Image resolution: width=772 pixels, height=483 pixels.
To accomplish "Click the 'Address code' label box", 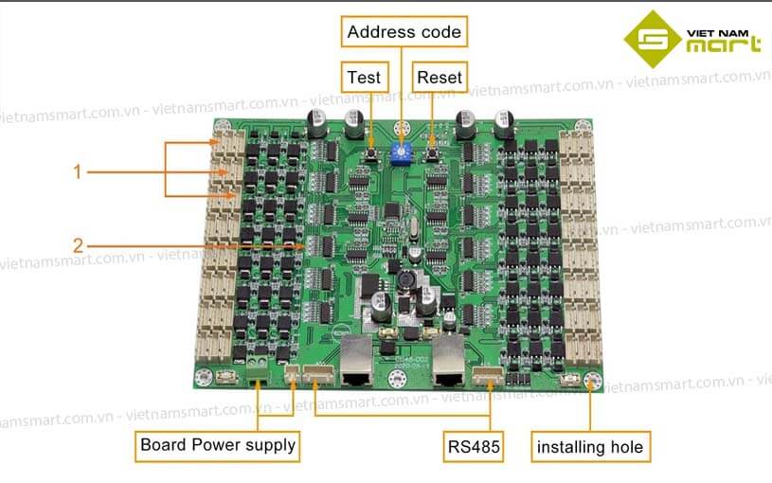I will click(404, 32).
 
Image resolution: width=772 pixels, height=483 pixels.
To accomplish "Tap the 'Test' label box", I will click(363, 77).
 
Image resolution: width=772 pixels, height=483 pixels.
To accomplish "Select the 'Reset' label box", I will click(440, 77).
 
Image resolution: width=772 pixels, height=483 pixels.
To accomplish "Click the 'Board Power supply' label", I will click(218, 444).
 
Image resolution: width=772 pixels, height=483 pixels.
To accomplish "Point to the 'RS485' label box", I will click(470, 445).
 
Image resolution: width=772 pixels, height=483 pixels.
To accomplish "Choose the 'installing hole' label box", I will click(589, 446).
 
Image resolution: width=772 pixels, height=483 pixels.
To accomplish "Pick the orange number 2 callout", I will click(79, 245).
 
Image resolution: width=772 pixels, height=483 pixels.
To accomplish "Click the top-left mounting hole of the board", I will click(224, 128).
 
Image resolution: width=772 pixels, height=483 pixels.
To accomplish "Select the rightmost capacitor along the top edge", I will click(502, 122).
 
